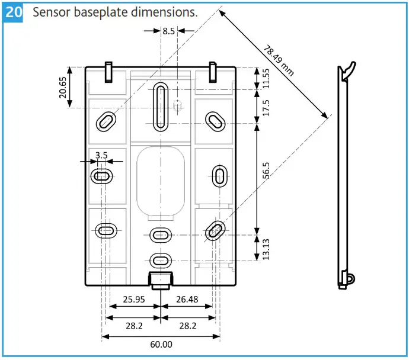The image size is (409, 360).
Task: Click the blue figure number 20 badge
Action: coord(12,12)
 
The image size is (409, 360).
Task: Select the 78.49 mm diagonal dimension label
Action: coord(279,60)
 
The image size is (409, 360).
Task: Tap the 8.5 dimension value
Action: coord(168,31)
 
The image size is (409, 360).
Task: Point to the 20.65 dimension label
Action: coord(63,87)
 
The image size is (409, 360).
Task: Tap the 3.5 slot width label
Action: coord(101,155)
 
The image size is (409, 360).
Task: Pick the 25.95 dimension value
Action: coord(134,300)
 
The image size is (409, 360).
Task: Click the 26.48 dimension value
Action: coord(187,300)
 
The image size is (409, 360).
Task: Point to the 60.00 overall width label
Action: coord(161,344)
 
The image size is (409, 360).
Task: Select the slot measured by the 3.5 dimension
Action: coord(101,176)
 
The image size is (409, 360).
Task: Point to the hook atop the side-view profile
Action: coord(348,70)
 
